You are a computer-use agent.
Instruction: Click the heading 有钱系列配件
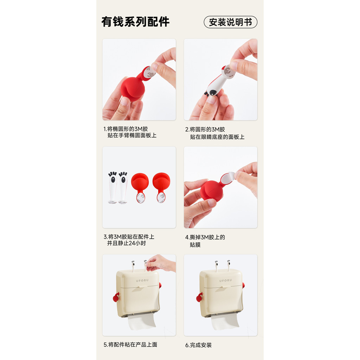pos(135,22)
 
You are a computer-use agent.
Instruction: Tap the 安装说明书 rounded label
pos(231,22)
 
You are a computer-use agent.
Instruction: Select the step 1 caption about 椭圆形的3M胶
pos(130,132)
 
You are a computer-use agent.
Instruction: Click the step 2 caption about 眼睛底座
pos(215,133)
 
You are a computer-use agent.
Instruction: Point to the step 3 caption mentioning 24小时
pos(129,240)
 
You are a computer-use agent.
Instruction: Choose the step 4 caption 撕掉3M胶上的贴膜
pos(205,241)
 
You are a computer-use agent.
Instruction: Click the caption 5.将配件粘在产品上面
pos(130,345)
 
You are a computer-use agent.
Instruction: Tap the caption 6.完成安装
pos(198,345)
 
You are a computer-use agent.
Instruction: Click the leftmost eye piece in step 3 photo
pos(113,187)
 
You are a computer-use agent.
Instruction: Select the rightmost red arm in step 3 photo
pos(161,187)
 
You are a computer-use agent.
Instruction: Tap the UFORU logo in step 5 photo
pos(142,280)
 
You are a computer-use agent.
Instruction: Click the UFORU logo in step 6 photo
pos(226,280)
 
